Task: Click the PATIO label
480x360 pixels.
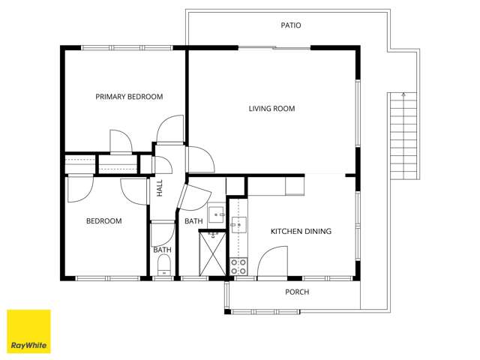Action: [x=290, y=25]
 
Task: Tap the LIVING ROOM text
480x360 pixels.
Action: [x=271, y=109]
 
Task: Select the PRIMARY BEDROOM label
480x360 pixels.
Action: [x=129, y=97]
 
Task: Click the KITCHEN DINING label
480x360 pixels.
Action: [x=301, y=232]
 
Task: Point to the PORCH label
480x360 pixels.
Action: [x=297, y=292]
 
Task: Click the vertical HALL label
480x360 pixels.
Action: [x=160, y=188]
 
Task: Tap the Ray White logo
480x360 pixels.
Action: [x=28, y=331]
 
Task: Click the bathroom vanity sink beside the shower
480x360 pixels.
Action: [x=216, y=215]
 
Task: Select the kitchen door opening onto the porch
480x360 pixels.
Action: [x=274, y=262]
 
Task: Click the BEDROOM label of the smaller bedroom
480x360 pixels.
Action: [x=103, y=221]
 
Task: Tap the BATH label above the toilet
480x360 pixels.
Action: [x=162, y=250]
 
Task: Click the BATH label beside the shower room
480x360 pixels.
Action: [x=193, y=221]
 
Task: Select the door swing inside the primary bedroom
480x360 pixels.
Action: [x=120, y=141]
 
